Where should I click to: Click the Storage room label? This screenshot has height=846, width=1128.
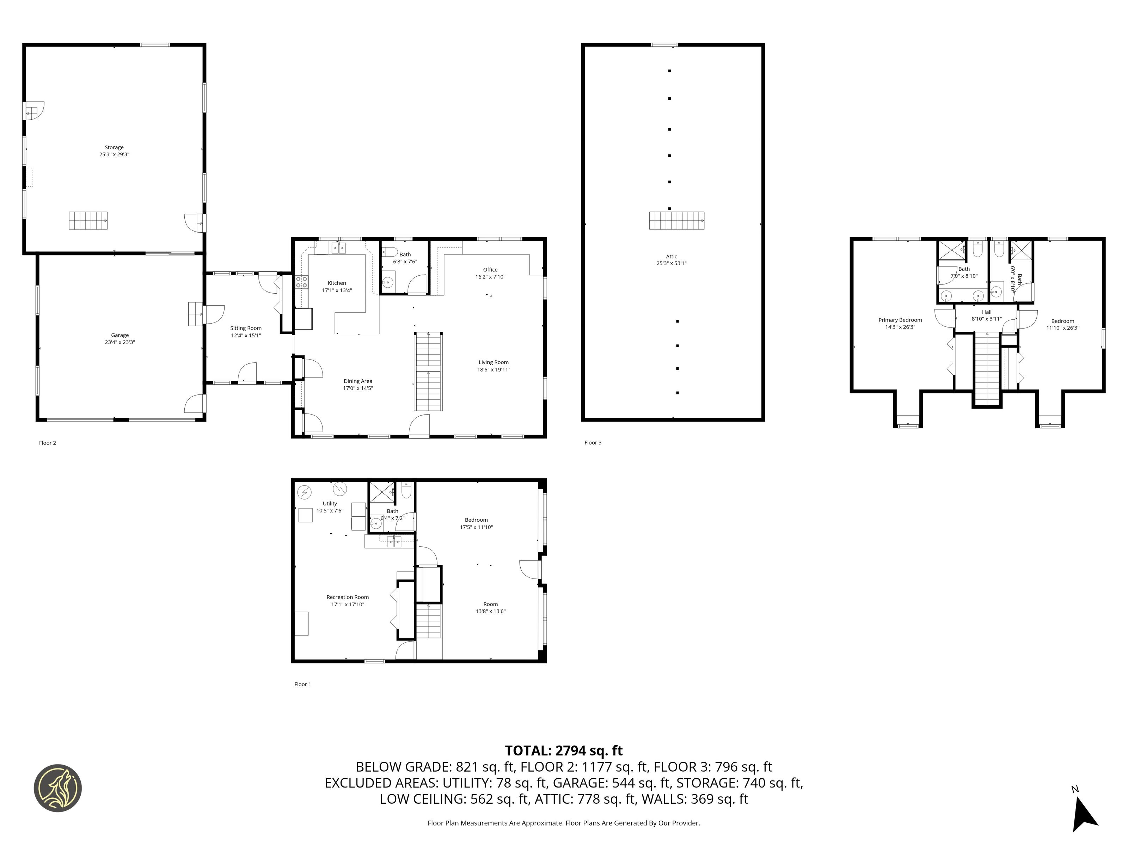point(114,147)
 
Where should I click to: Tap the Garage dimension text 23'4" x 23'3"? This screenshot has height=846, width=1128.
point(120,343)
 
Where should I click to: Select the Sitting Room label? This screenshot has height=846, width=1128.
point(246,329)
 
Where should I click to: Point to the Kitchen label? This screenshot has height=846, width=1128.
point(337,283)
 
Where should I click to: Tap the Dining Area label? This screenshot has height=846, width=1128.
point(358,381)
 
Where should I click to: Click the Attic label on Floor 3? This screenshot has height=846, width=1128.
point(672,257)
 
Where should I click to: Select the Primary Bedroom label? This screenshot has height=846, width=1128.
point(900,320)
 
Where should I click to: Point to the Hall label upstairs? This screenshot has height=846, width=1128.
point(987,312)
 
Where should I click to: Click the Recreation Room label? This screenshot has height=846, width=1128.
point(348,597)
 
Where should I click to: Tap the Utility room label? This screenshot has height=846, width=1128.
point(330,503)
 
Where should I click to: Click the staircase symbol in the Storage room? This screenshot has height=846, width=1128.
point(88,220)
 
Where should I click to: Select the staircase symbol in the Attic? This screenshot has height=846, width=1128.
point(677,220)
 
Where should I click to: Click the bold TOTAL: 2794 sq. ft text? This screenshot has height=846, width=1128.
point(564,750)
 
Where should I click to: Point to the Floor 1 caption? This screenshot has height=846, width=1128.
point(302,684)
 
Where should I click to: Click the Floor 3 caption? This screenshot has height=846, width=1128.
point(593,443)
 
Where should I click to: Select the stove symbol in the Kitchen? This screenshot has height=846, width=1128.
point(301,282)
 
